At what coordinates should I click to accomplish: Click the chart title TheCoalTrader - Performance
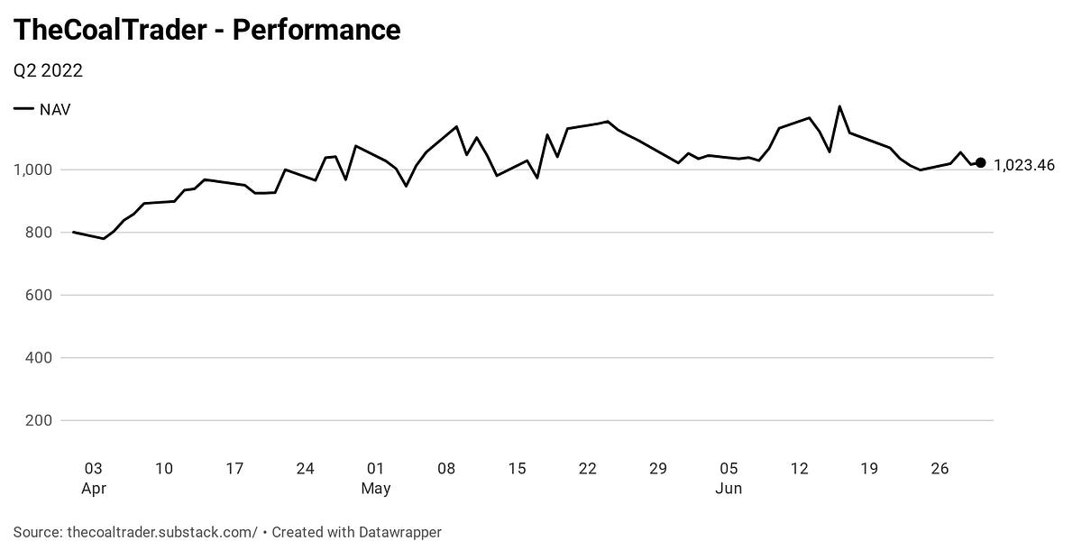206,30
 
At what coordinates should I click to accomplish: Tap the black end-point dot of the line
981,163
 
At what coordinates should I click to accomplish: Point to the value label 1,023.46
1023,165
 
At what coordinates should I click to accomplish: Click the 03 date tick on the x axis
93,469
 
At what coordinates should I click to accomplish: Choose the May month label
376,489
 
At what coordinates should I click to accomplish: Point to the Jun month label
729,489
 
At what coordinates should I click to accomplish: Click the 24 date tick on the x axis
305,469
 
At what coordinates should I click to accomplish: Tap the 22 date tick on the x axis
588,469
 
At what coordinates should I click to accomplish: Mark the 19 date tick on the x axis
869,469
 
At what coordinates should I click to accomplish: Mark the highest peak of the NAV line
839,106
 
